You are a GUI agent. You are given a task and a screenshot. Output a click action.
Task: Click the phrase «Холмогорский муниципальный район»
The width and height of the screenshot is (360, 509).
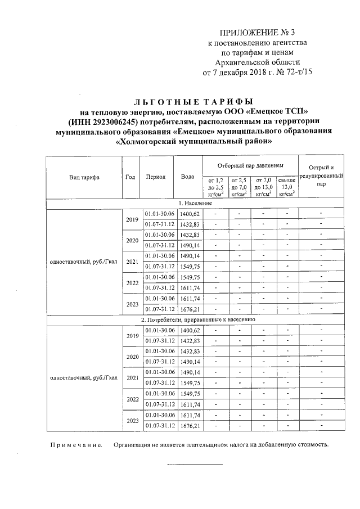click(x=193, y=142)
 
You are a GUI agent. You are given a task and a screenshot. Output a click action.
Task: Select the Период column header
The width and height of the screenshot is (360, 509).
click(x=155, y=177)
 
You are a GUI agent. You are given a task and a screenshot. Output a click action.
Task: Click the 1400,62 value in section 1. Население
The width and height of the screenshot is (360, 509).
click(x=190, y=214)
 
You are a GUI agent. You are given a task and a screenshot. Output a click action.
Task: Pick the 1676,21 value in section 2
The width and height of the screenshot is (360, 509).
click(x=190, y=426)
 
